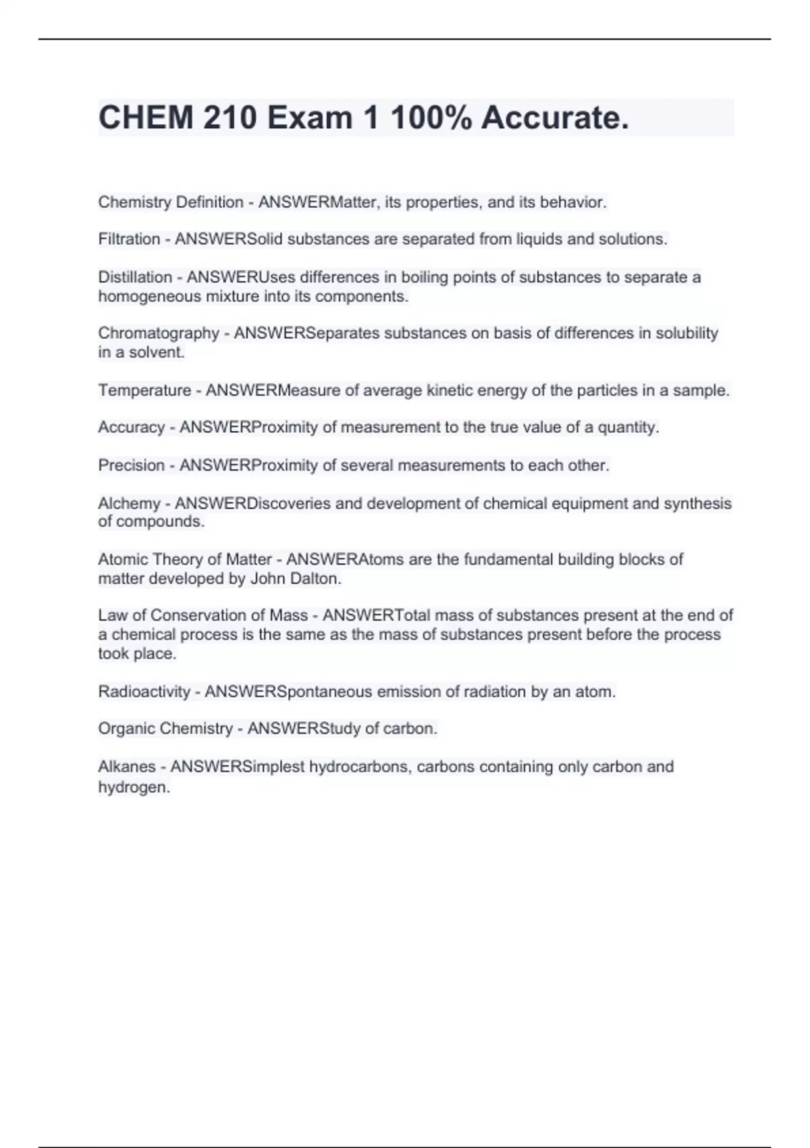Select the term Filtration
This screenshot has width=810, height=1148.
[129, 239]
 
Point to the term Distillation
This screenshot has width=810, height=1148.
[135, 277]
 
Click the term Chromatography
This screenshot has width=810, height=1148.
[159, 333]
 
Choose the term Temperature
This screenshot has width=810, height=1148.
[144, 390]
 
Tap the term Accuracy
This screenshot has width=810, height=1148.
[132, 427]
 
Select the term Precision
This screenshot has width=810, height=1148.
[132, 465]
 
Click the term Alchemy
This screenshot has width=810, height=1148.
[129, 503]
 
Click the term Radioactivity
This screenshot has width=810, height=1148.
[144, 692]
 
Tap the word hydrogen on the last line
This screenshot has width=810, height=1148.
[133, 787]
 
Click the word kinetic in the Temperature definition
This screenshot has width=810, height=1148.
[450, 390]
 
